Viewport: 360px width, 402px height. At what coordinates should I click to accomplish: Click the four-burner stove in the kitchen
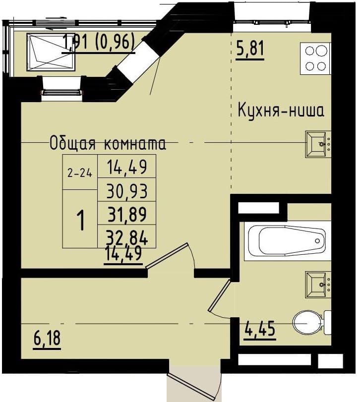pyautogui.click(x=314, y=58)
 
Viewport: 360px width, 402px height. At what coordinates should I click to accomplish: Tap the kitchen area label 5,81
pyautogui.click(x=250, y=50)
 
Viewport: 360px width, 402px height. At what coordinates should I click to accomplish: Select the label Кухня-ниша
pyautogui.click(x=281, y=110)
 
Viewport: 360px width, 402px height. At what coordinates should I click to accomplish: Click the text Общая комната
pyautogui.click(x=108, y=144)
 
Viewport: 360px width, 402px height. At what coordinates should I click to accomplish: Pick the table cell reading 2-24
pyautogui.click(x=80, y=172)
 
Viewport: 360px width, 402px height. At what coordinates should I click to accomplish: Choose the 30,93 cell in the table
pyautogui.click(x=127, y=191)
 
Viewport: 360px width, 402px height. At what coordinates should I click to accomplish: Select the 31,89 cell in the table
pyautogui.click(x=127, y=213)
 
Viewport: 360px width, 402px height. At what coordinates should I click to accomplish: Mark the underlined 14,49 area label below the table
pyautogui.click(x=123, y=254)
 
